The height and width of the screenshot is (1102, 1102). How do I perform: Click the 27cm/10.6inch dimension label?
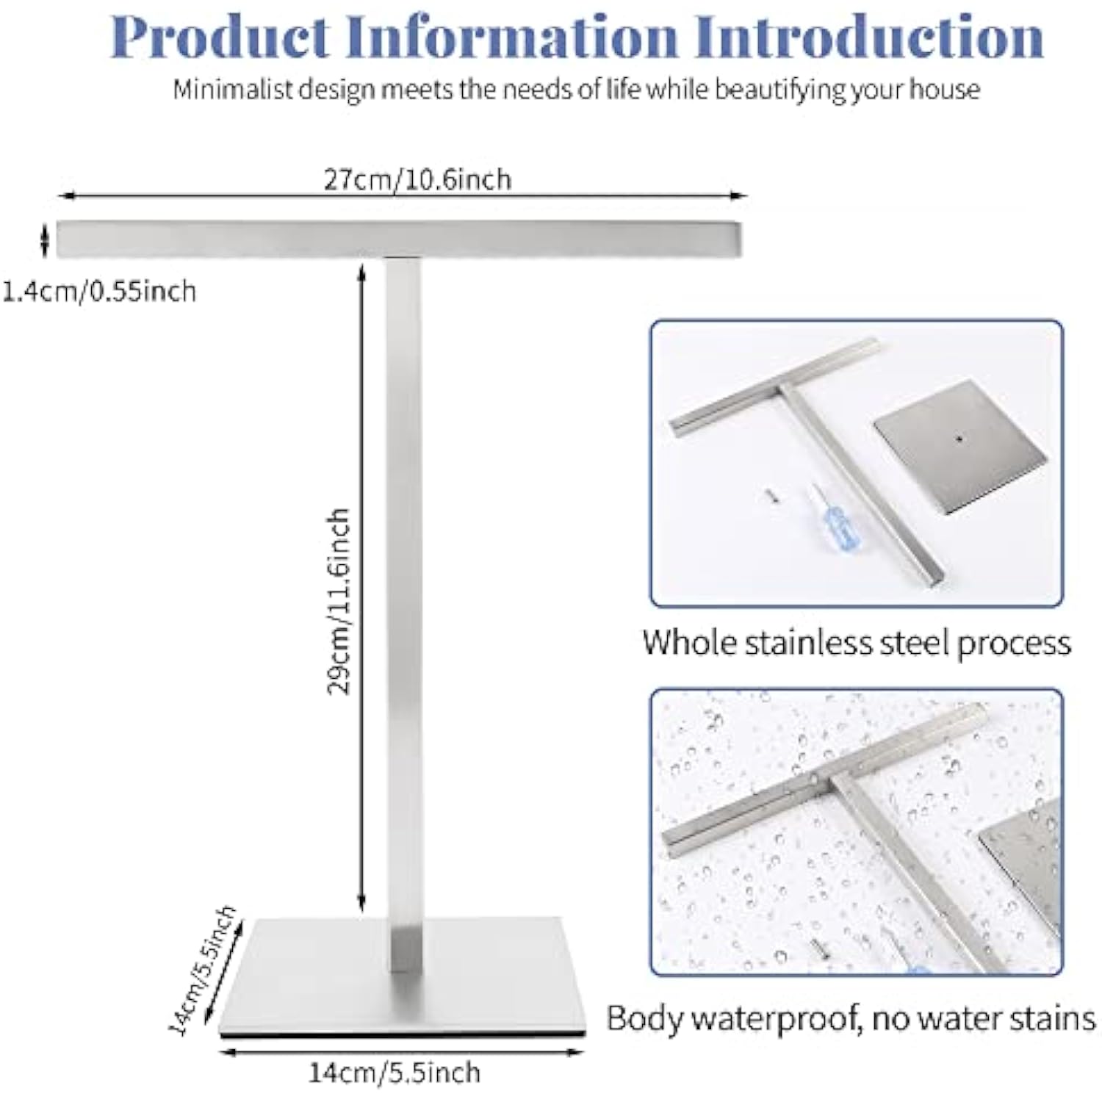coord(417,179)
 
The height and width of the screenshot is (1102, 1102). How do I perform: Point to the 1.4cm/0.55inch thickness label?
coord(99,292)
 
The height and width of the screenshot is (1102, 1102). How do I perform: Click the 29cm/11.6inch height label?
coord(339,601)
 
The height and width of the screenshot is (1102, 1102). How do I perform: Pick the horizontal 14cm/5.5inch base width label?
coord(394,1073)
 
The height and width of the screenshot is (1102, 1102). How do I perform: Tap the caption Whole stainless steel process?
coord(857,642)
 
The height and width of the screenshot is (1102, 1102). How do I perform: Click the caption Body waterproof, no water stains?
coord(851,1018)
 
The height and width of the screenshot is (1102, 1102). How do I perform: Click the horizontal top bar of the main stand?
coord(398,239)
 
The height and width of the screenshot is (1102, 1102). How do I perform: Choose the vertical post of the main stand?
coord(403,588)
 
